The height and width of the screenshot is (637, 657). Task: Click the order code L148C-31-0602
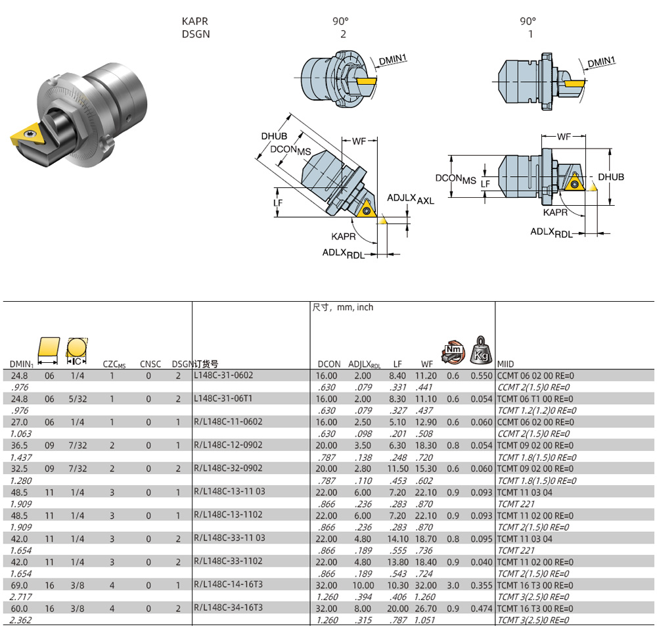point(223,375)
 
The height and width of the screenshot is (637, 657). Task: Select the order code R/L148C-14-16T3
point(228,584)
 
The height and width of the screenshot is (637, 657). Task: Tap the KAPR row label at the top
point(194,21)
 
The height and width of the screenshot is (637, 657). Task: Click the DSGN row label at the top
point(196,34)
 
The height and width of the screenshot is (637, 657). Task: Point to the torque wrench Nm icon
point(453,351)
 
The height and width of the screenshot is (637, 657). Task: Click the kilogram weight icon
point(480,349)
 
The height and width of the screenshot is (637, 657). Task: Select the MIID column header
point(506,364)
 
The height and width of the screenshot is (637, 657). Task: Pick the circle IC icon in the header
point(77,348)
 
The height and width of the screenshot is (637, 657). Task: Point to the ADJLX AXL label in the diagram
point(410,199)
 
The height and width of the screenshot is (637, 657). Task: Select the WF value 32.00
point(425,585)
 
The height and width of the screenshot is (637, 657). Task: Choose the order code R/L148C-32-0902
point(228,469)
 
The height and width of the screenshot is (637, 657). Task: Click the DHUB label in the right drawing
point(610,177)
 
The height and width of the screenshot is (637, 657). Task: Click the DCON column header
point(329,364)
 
